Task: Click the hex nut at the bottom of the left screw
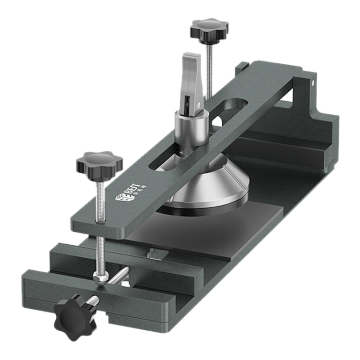tap(100, 278)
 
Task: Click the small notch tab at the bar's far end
tap(242, 67)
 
